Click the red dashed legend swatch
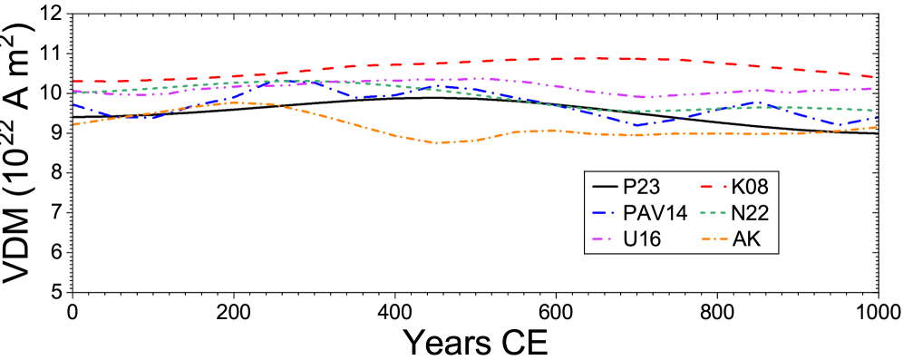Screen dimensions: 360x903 [x=713, y=187]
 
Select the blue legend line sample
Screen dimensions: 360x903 [x=603, y=213]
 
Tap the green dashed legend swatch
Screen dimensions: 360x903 [x=713, y=213]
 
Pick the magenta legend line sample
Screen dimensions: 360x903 [x=601, y=239]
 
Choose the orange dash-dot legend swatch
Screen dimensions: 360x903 [x=714, y=239]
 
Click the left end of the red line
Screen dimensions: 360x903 [x=74, y=82]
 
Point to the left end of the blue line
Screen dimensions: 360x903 [x=74, y=105]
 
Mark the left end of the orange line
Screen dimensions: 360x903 [x=74, y=124]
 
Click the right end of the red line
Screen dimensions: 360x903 [x=873, y=77]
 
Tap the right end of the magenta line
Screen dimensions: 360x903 [x=873, y=89]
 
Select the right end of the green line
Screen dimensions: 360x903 [x=873, y=110]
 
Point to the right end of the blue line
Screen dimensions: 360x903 [x=877, y=118]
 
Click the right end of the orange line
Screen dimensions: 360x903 [x=876, y=128]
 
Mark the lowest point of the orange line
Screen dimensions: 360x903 [x=440, y=142]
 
